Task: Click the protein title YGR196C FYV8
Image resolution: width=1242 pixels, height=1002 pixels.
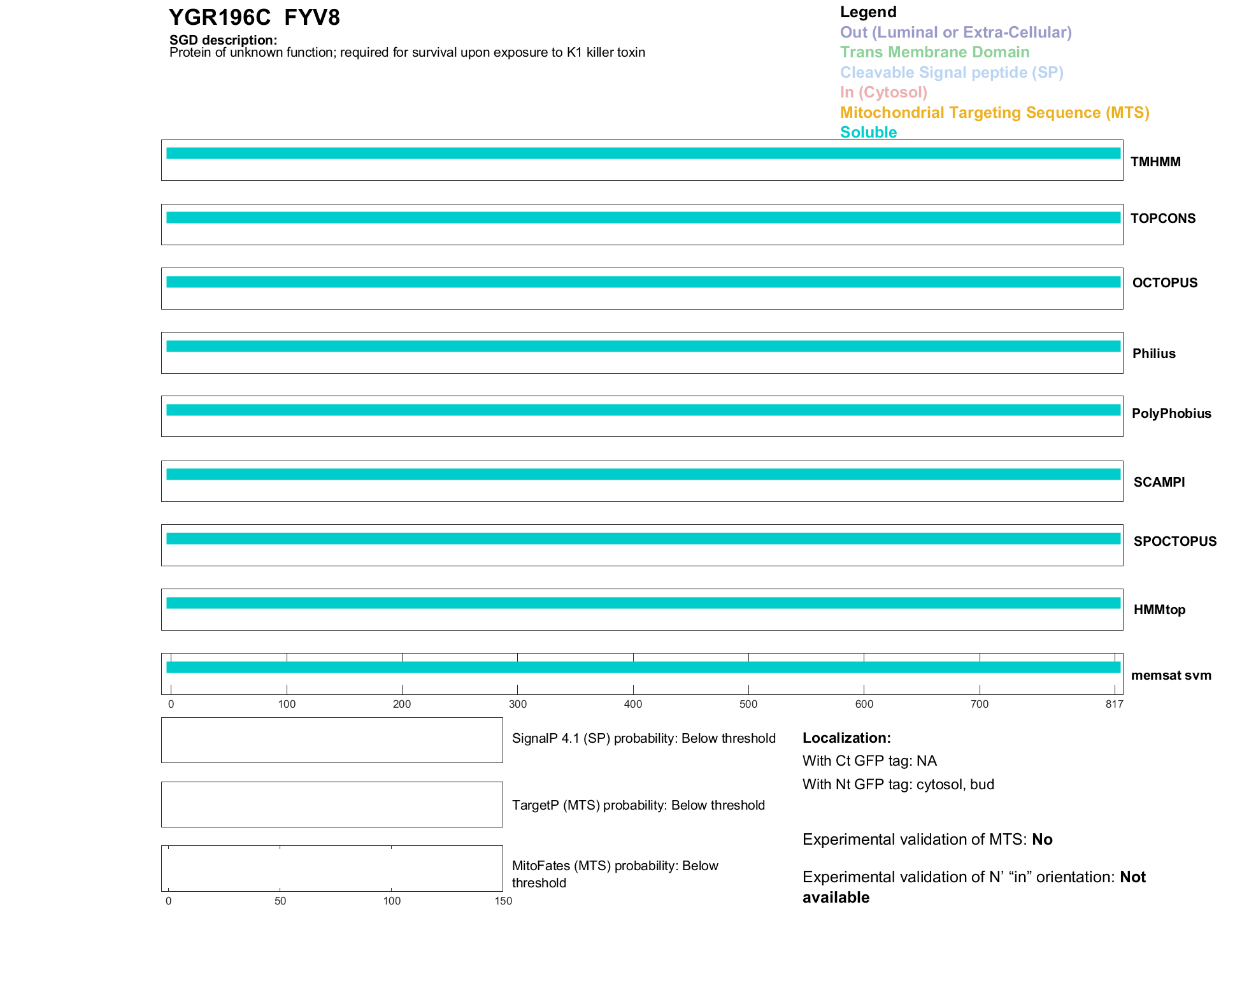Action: [254, 18]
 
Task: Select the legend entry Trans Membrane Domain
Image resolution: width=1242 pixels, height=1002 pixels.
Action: [934, 52]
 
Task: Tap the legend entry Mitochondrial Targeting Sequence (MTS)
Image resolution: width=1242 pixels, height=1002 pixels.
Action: [994, 113]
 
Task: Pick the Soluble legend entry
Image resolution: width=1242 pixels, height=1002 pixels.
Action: [868, 132]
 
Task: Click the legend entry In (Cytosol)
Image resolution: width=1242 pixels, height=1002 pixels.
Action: [883, 92]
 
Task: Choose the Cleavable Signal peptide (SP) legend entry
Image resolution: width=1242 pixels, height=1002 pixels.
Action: [952, 73]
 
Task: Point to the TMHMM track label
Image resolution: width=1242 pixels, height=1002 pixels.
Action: [1155, 162]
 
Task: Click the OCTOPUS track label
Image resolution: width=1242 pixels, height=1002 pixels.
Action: [1164, 283]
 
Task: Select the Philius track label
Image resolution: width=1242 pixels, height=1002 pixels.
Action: [1153, 354]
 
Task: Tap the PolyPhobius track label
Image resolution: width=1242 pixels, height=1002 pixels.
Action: [1171, 413]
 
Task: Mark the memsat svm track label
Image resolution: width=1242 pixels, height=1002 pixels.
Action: [1171, 675]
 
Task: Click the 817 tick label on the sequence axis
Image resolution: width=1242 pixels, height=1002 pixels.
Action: [1114, 704]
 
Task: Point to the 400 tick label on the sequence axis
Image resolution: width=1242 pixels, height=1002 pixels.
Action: [633, 704]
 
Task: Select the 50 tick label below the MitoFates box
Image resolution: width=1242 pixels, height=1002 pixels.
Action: [280, 901]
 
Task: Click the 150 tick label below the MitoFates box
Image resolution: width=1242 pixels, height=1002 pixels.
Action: [503, 901]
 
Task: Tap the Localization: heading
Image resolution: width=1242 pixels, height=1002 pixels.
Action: [846, 738]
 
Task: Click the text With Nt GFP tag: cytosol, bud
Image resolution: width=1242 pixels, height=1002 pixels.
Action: [898, 784]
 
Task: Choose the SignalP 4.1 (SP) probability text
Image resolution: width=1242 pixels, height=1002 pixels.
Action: [643, 738]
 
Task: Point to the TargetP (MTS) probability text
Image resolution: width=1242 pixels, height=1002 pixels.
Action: [638, 805]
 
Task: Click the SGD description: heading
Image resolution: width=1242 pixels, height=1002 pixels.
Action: [223, 40]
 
